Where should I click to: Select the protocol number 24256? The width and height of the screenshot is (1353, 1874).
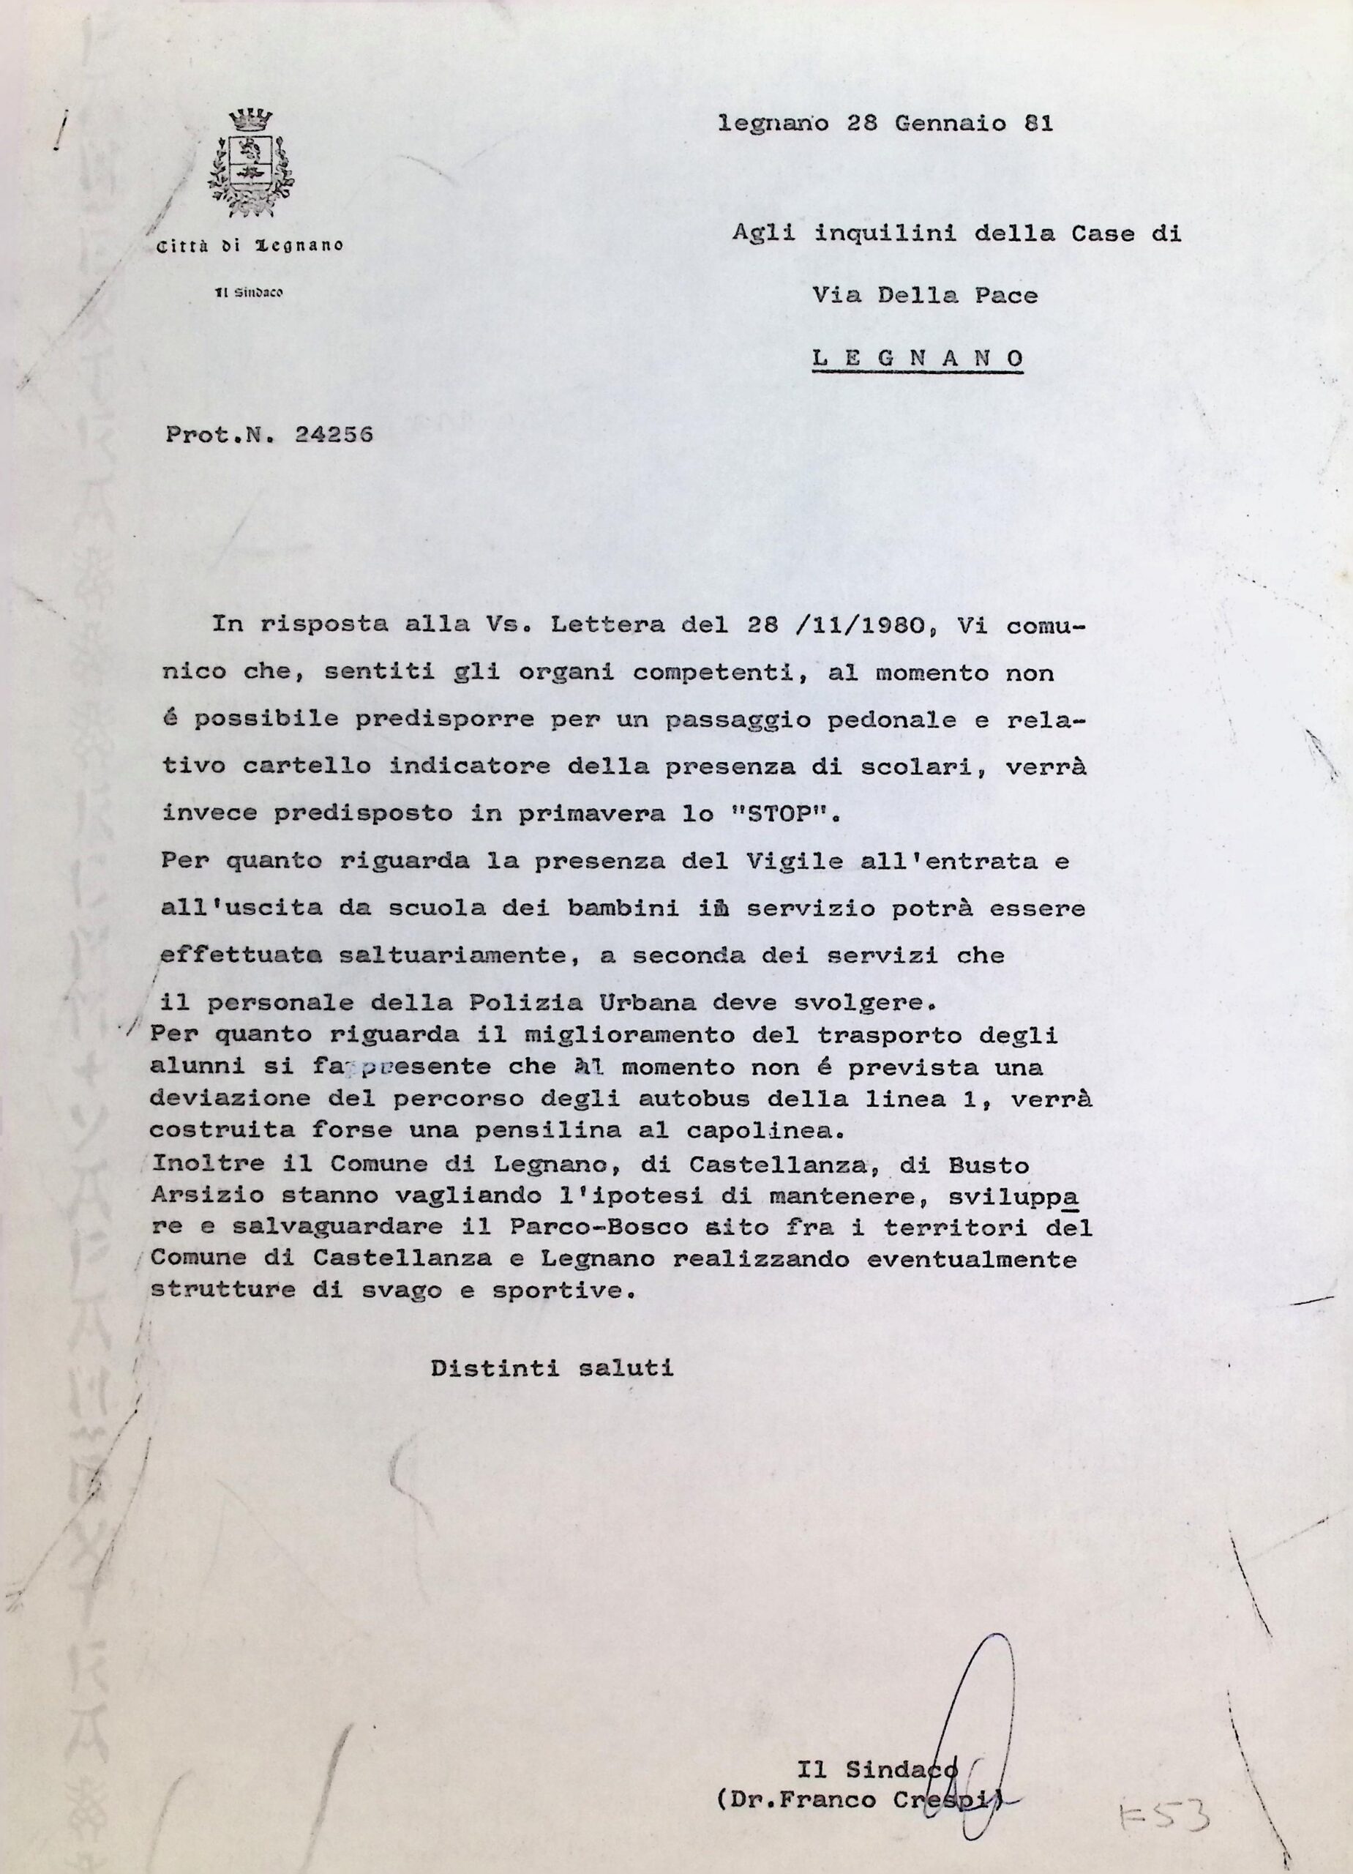[334, 434]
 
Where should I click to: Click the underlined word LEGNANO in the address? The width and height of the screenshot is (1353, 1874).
[918, 359]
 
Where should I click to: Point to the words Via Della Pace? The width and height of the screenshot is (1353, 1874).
[924, 295]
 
